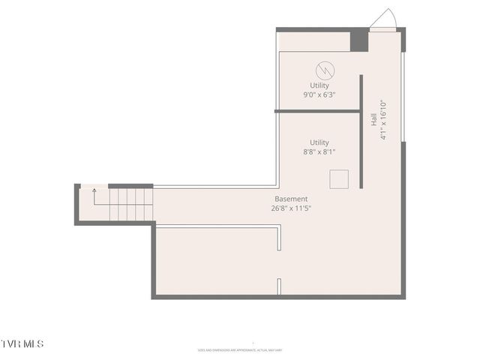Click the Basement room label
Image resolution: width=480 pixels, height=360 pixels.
[x=291, y=199]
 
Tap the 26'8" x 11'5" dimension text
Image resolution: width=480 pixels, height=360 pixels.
[x=292, y=208]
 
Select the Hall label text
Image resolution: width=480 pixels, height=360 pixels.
[x=373, y=119]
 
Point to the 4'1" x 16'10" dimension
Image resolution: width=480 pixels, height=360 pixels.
[x=382, y=120]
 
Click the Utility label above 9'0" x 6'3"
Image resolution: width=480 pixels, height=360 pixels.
[x=319, y=85]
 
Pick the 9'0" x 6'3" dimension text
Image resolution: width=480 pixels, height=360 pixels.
[x=319, y=95]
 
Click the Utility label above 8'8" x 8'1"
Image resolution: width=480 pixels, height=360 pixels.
[x=319, y=142]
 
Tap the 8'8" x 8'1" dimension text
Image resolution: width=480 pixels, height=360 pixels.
[x=319, y=152]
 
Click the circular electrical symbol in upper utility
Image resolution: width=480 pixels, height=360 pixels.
[x=325, y=70]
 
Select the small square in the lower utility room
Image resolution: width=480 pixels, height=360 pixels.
[x=339, y=179]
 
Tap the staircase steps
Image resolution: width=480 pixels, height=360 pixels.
[x=131, y=204]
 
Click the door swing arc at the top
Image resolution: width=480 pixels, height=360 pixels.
[x=384, y=18]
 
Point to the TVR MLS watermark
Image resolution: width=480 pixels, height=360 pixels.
[x=22, y=343]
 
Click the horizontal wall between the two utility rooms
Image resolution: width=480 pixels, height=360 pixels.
[x=317, y=111]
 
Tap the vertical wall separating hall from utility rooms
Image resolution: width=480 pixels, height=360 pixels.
[x=361, y=131]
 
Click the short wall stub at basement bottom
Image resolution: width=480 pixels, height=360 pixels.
[x=279, y=286]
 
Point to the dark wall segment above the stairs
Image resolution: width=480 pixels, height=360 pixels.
[x=130, y=186]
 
